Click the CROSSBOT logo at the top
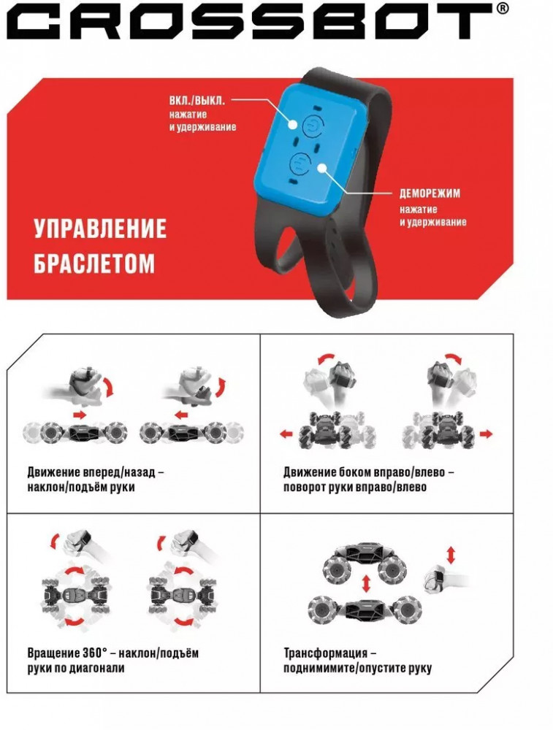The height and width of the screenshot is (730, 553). coord(251,21)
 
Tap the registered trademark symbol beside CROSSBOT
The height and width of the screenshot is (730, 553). coord(503,8)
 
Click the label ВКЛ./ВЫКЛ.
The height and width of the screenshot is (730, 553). coord(197,101)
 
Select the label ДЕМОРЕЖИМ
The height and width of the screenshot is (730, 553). coord(430,193)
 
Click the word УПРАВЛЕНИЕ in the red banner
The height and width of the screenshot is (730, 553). coord(100,228)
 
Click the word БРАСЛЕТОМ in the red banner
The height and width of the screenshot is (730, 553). coord(94,263)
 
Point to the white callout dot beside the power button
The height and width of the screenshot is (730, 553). coord(293,125)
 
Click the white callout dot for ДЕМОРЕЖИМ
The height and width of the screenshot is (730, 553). coord(321,168)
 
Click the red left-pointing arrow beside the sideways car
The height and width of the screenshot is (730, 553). coord(286,434)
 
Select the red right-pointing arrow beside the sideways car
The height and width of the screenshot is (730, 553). coord(486,434)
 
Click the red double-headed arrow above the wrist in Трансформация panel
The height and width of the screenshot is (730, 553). coord(451,556)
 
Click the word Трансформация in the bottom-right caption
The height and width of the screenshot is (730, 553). coord(326,653)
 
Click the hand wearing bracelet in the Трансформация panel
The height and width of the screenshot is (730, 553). coord(443,579)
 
